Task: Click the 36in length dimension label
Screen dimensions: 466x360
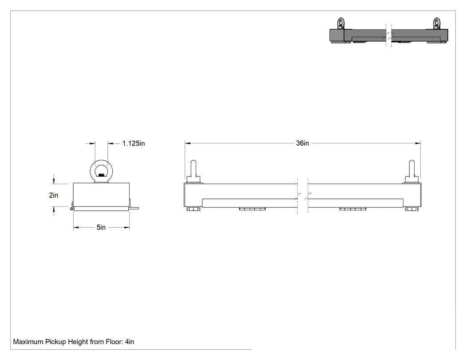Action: [302, 143]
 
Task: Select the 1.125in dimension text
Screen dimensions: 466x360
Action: [134, 143]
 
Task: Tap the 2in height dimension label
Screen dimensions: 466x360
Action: [54, 195]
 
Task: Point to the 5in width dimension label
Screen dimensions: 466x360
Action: [101, 227]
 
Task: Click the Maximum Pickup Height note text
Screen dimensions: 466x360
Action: [73, 342]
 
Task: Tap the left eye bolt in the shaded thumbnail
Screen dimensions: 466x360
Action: [340, 24]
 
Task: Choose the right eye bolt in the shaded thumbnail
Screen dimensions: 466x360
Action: [437, 24]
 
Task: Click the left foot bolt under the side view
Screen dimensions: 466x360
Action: [193, 209]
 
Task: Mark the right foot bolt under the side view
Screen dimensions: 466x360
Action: [411, 209]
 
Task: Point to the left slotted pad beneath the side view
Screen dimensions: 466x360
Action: [252, 209]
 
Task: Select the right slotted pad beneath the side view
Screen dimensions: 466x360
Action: [353, 209]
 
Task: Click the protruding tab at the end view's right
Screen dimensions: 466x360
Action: [134, 208]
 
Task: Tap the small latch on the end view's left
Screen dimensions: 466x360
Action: [72, 206]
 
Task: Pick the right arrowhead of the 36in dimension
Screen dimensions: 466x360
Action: [418, 143]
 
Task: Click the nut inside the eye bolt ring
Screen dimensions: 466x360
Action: [101, 175]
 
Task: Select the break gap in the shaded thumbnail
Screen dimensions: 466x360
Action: [389, 35]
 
